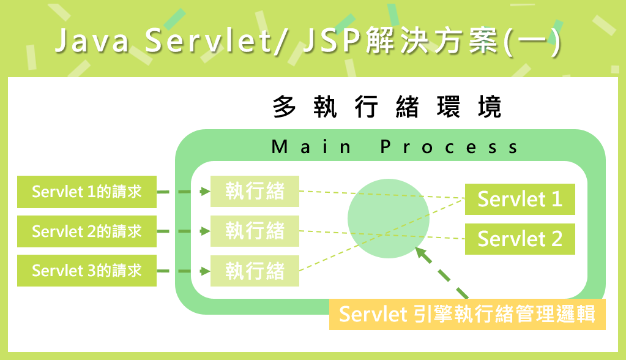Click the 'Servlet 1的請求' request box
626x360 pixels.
pyautogui.click(x=87, y=192)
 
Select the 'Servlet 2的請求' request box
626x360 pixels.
pyautogui.click(x=87, y=231)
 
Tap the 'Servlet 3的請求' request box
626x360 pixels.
pyautogui.click(x=87, y=271)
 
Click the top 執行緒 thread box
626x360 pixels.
pyautogui.click(x=255, y=192)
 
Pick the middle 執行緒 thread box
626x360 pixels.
pyautogui.click(x=255, y=231)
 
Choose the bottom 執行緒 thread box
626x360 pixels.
pyautogui.click(x=255, y=271)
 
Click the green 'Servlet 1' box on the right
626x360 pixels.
pyautogui.click(x=520, y=199)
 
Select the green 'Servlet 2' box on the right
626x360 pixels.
pyautogui.click(x=520, y=239)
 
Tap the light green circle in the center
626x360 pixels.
pyautogui.click(x=388, y=219)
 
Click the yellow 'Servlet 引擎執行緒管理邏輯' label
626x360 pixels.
pyautogui.click(x=467, y=314)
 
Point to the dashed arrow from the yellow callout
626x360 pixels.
pyautogui.click(x=442, y=273)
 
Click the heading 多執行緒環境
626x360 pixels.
pyautogui.click(x=387, y=107)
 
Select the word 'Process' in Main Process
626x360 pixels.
pyautogui.click(x=449, y=148)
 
